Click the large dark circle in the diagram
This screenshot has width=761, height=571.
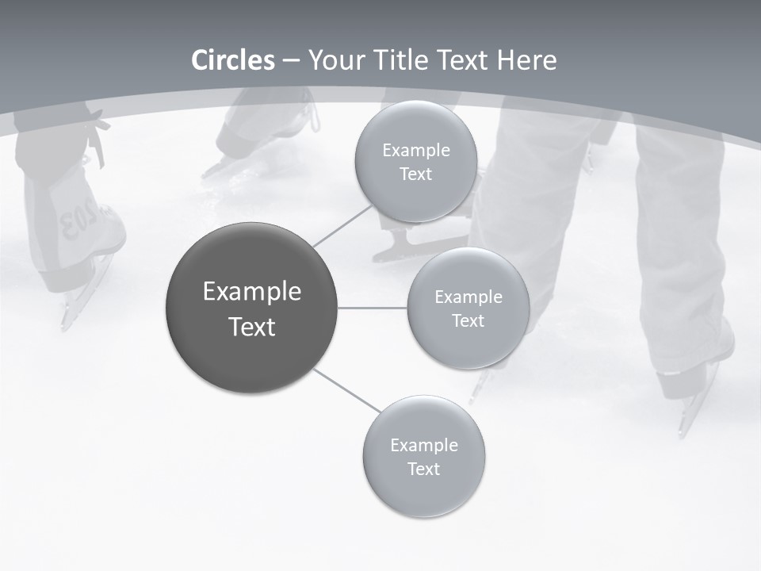[x=252, y=308]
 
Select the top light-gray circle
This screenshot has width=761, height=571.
[x=415, y=161]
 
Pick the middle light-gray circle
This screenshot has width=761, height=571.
[x=468, y=308]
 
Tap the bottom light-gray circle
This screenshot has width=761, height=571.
[x=423, y=456]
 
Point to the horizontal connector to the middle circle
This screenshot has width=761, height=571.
[x=373, y=308]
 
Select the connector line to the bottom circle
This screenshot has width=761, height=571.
[x=347, y=390]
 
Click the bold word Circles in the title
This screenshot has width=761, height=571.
[x=233, y=60]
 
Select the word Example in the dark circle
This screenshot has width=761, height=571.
[x=252, y=291]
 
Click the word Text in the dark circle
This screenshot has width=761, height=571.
[x=252, y=326]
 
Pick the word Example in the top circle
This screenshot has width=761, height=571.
[x=415, y=150]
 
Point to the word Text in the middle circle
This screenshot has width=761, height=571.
[x=468, y=320]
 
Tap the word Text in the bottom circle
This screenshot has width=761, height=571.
[x=423, y=469]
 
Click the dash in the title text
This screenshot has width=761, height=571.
[x=291, y=61]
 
